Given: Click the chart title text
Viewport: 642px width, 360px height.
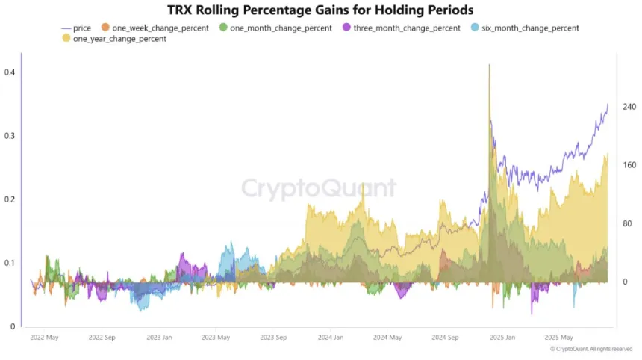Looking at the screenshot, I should pyautogui.click(x=320, y=10).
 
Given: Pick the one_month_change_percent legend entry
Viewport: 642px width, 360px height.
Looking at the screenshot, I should pyautogui.click(x=277, y=28).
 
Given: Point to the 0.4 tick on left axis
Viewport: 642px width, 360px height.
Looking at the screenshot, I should pyautogui.click(x=10, y=72).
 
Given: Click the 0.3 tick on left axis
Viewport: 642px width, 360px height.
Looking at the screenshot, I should pyautogui.click(x=10, y=136).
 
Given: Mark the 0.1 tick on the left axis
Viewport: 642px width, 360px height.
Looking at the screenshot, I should pyautogui.click(x=10, y=263).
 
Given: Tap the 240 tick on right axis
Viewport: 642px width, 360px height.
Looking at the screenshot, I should pyautogui.click(x=629, y=108).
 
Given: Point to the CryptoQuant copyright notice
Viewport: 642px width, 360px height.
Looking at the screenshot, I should pyautogui.click(x=593, y=349).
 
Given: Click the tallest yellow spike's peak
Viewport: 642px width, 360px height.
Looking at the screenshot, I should pyautogui.click(x=489, y=65).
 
